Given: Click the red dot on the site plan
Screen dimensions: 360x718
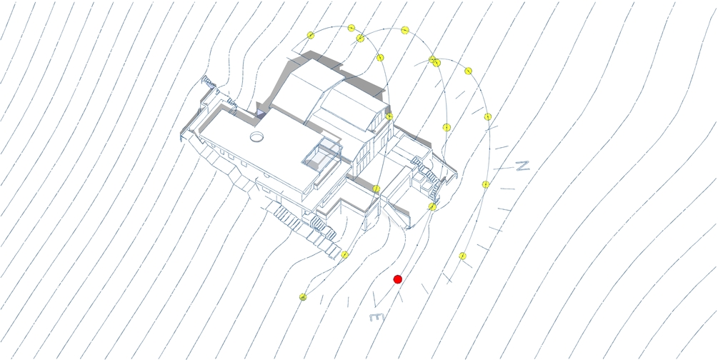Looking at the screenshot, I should click(398, 279).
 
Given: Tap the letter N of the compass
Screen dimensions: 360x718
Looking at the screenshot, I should click(522, 166).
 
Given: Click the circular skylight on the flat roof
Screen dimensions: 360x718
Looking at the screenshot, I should click(256, 135).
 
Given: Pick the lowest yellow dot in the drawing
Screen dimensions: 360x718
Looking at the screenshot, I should click(303, 296).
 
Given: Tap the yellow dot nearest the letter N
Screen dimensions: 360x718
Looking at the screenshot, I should click(485, 184).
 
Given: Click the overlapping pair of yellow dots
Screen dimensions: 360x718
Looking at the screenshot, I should click(434, 61).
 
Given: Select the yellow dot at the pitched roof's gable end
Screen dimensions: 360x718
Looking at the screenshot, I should click(389, 116).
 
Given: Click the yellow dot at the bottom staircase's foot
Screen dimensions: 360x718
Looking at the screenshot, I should click(344, 254).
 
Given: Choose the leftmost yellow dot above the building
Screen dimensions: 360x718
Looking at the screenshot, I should click(311, 35).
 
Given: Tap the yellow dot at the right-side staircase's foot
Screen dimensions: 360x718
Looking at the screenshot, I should click(432, 206).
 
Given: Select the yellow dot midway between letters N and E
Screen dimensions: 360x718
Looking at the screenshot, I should click(463, 256).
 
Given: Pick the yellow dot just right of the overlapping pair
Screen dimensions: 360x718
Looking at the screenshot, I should click(468, 71).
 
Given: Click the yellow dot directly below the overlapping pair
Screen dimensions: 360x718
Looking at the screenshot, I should click(446, 127).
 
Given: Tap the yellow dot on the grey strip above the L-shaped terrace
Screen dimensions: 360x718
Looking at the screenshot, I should click(377, 189).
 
